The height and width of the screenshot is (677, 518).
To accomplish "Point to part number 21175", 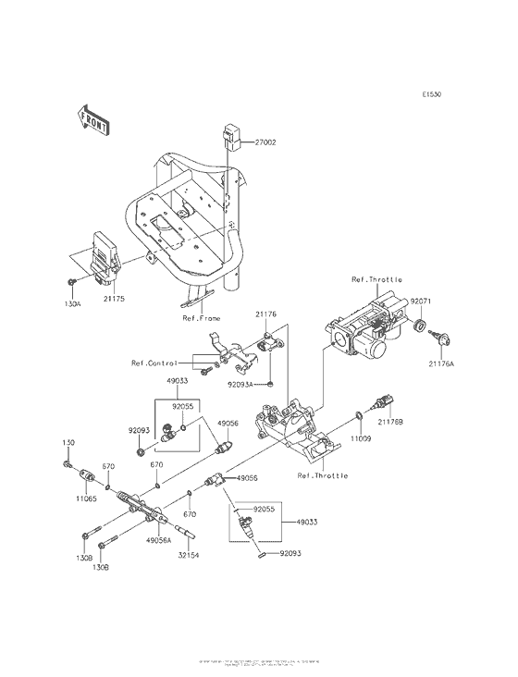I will (113, 299).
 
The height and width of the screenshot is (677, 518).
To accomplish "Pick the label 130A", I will (73, 299).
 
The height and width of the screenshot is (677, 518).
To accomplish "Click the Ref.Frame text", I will (201, 319).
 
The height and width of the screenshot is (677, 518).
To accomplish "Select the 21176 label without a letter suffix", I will (265, 315).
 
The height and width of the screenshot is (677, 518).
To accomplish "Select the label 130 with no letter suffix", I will (68, 443).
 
